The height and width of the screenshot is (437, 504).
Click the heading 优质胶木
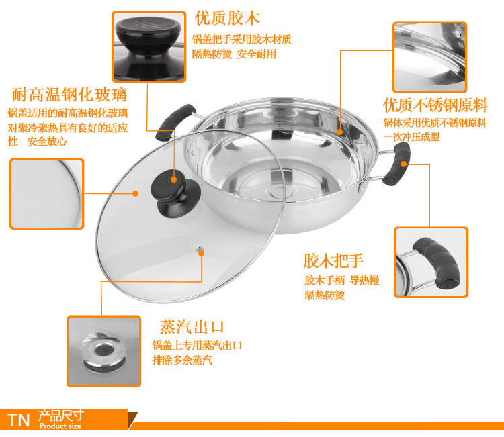(x=227, y=18)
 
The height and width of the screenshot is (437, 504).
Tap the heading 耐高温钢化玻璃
(x=69, y=95)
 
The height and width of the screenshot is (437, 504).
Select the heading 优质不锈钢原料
(x=435, y=105)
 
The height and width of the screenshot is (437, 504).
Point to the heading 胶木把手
(x=333, y=260)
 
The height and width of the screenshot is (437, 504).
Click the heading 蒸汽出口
(x=192, y=327)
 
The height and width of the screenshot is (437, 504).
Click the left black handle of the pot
(x=175, y=122)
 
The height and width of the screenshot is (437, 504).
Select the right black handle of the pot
(x=396, y=164)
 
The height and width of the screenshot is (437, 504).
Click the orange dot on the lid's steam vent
(x=202, y=253)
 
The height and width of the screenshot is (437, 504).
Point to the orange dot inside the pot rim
(x=340, y=132)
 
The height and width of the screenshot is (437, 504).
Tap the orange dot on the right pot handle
(x=404, y=164)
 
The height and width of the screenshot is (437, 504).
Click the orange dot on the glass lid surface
(x=136, y=193)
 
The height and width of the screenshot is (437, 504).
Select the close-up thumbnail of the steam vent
(x=103, y=351)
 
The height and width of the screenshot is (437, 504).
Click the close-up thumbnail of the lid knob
(x=149, y=46)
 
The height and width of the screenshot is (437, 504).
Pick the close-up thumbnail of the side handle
(x=431, y=262)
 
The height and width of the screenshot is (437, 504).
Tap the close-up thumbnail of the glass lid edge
(x=46, y=193)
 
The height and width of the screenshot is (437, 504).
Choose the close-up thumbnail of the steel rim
(x=430, y=58)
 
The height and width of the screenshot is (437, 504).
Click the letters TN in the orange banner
(x=19, y=420)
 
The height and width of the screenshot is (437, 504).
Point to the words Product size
(x=60, y=426)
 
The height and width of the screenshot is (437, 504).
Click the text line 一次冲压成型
(x=411, y=137)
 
